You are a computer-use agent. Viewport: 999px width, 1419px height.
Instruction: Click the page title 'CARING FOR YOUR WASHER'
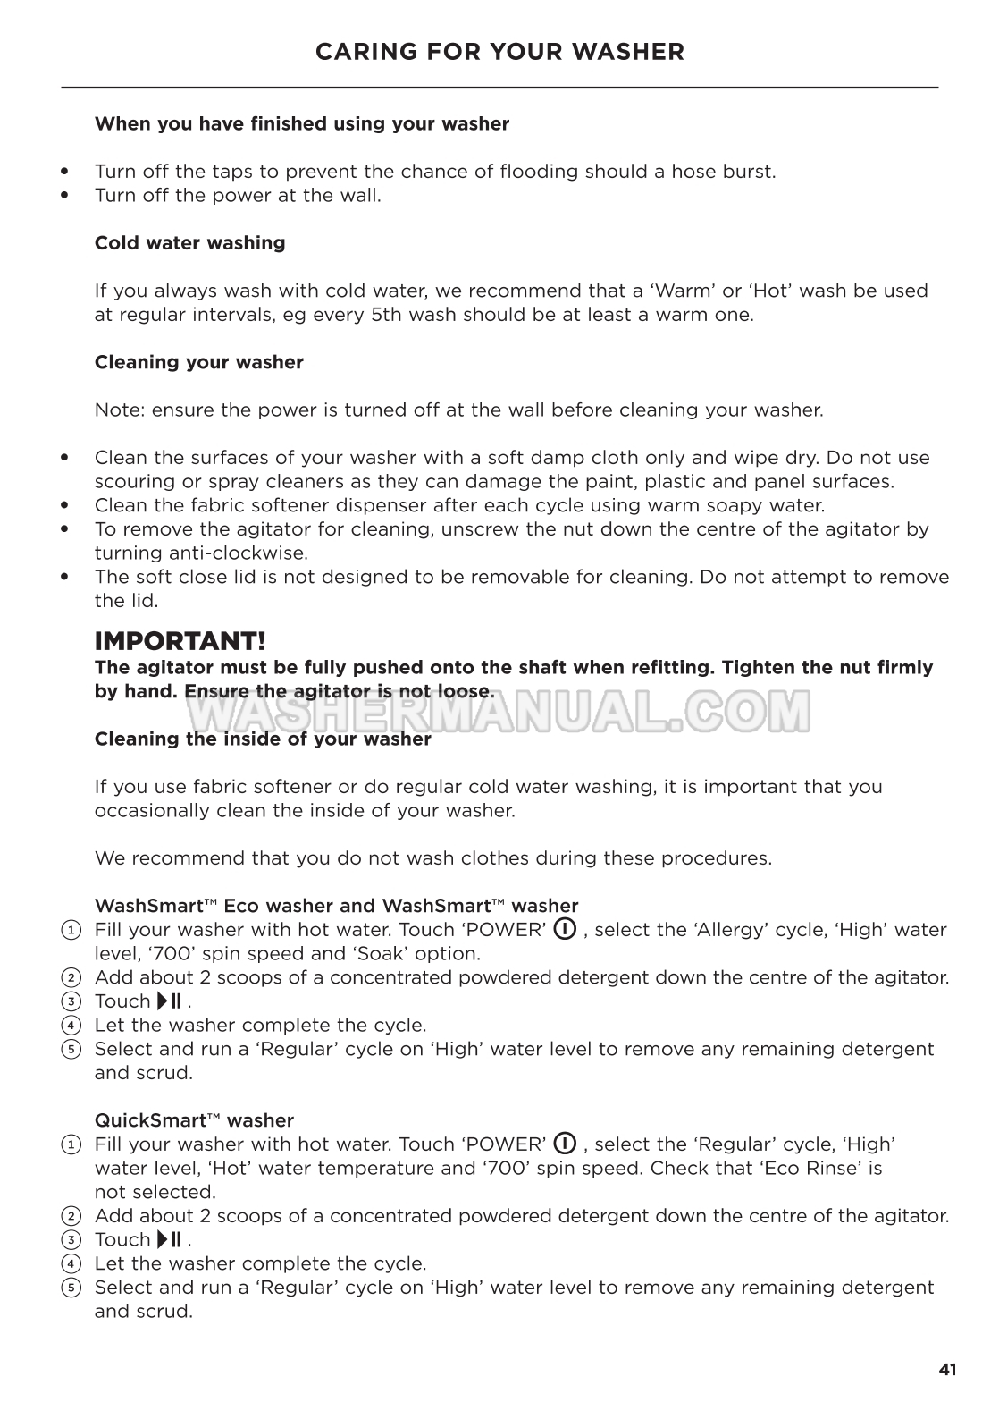(499, 52)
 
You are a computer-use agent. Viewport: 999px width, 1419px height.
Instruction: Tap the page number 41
(947, 1369)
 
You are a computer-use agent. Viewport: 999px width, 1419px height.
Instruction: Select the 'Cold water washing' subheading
(189, 243)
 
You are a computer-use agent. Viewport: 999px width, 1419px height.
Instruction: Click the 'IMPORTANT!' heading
(180, 641)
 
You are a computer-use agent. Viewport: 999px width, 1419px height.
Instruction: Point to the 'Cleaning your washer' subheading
(198, 362)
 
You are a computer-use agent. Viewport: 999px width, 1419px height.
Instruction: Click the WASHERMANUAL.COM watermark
(499, 712)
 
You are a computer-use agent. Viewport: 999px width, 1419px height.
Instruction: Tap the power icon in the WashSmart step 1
(565, 929)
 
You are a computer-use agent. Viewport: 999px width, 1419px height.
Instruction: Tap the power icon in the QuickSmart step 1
(565, 1144)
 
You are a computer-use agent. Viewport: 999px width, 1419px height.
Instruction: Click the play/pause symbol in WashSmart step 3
(170, 1001)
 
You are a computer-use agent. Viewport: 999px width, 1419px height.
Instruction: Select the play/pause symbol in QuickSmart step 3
(170, 1239)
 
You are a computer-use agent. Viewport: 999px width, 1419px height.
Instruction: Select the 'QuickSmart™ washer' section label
(194, 1120)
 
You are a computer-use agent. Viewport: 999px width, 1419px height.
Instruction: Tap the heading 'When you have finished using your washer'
(302, 124)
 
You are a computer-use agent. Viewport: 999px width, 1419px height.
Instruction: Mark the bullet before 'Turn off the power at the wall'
(64, 196)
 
